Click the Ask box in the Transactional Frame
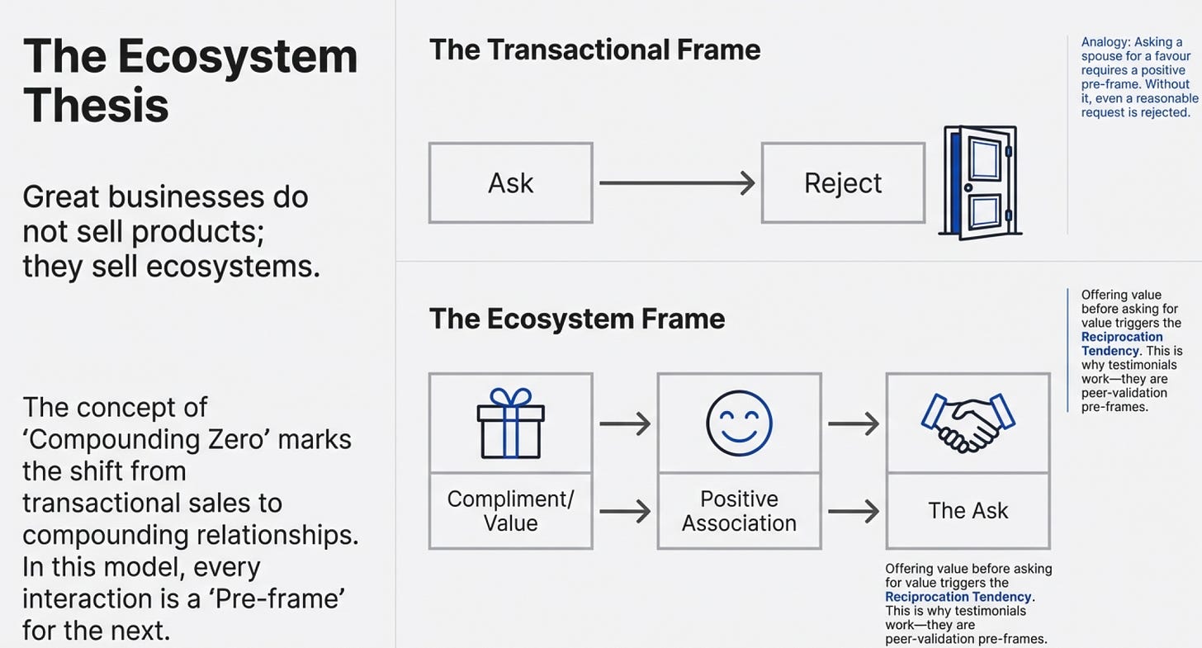(x=511, y=183)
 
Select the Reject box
(x=843, y=183)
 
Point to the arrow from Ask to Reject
(x=677, y=183)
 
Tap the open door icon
(x=980, y=182)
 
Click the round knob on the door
(x=968, y=187)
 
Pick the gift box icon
(x=511, y=423)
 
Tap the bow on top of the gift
(x=511, y=396)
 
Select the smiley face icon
(x=739, y=423)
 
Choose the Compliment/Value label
(x=511, y=511)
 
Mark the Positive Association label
(x=739, y=511)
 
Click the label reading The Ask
(x=968, y=511)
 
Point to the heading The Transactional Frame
(x=594, y=50)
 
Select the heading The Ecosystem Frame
(x=577, y=319)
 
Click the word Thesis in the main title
(x=96, y=105)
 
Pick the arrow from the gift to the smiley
(x=625, y=423)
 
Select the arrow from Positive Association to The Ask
(x=854, y=511)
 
